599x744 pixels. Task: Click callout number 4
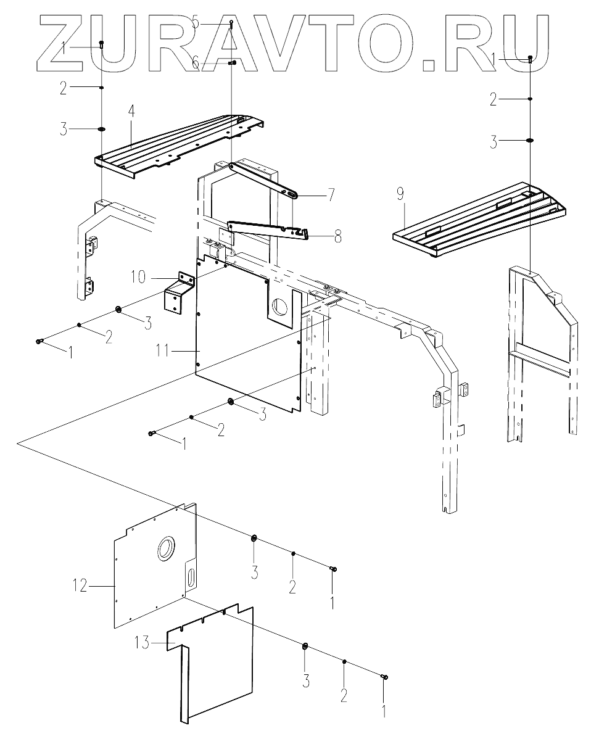coord(131,112)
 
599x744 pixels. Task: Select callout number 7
coord(332,195)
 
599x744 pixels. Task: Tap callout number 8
coord(337,236)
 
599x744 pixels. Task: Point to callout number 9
coord(400,196)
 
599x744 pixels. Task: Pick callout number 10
coord(138,276)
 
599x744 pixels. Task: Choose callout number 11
coord(164,351)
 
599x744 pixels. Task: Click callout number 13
coord(143,643)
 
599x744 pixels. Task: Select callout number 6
coord(196,64)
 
